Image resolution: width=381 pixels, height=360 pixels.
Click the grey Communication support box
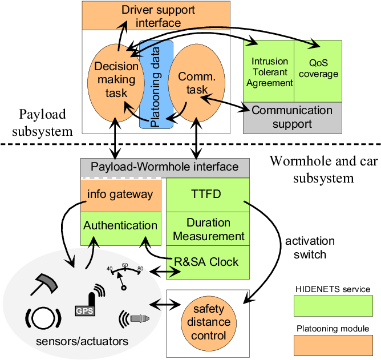[292, 118]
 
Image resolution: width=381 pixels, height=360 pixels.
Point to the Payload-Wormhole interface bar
[165, 167]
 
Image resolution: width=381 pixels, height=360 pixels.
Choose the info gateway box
[120, 194]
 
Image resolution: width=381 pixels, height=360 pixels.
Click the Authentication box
[120, 225]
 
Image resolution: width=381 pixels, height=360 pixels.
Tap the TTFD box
[208, 195]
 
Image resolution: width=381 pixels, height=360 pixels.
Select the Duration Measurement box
[208, 229]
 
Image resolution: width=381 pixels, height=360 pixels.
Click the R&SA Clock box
[208, 262]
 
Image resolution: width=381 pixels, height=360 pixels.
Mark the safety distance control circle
[208, 322]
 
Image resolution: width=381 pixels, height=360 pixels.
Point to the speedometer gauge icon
[124, 276]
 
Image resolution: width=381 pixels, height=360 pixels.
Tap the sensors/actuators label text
[82, 342]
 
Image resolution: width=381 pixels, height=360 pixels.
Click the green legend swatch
[333, 306]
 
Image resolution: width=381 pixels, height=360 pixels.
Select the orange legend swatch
[333, 345]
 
